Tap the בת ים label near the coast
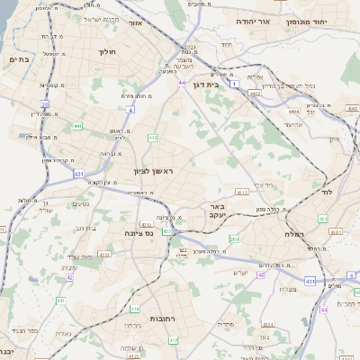(x=19, y=59)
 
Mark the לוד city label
(x=327, y=193)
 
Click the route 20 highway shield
(x=45, y=105)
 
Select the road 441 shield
(x=78, y=127)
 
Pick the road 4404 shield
(x=293, y=111)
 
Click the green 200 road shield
(x=234, y=238)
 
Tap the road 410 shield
(x=153, y=138)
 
